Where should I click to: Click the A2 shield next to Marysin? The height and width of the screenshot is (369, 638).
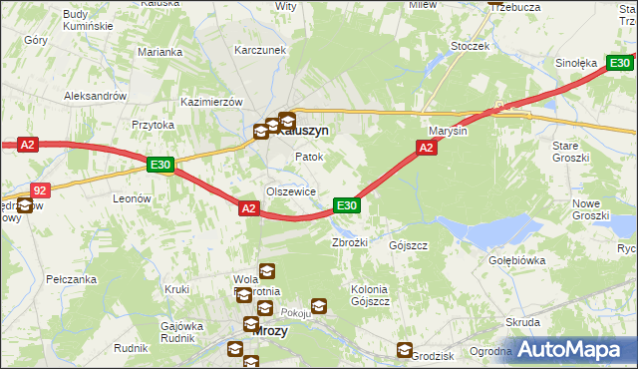click(425, 148)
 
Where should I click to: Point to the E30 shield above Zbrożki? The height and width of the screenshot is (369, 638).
click(346, 205)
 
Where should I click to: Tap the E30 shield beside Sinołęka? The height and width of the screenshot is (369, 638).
click(618, 63)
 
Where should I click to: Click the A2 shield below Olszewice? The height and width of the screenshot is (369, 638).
click(249, 207)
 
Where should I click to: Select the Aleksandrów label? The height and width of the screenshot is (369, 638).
click(95, 96)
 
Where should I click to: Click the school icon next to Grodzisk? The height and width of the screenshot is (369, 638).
click(404, 350)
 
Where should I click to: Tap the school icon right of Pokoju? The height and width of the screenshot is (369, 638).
click(319, 306)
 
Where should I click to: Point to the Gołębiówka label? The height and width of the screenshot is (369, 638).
click(545, 260)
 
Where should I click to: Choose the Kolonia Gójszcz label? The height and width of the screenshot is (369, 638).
click(369, 294)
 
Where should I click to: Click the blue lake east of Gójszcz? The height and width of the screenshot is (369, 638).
click(478, 232)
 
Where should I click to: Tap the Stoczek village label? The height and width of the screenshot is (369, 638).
click(470, 46)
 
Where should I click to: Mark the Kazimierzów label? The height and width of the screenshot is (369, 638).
click(212, 102)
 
